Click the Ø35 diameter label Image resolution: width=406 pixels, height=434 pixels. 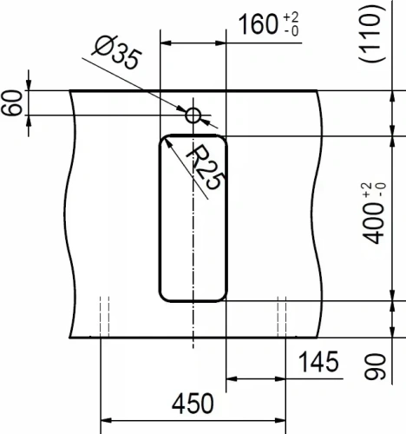(117, 53)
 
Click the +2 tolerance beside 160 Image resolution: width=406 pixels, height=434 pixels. (291, 17)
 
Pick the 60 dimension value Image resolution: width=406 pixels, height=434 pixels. (11, 103)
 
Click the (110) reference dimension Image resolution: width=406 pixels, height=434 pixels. (372, 33)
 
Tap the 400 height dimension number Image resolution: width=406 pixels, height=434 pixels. (374, 223)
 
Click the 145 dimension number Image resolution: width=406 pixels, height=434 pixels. (318, 362)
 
